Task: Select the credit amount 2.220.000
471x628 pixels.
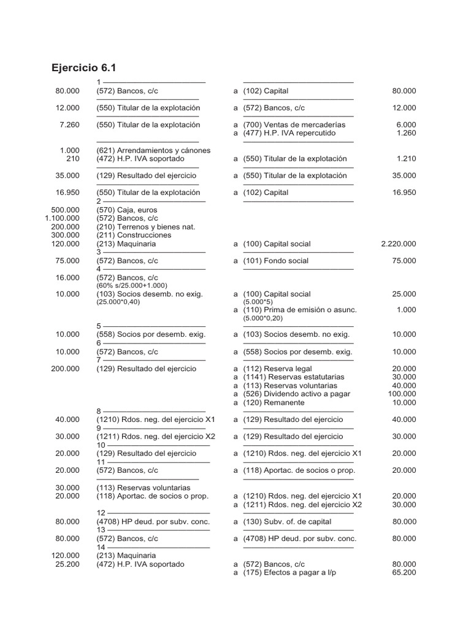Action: pos(398,243)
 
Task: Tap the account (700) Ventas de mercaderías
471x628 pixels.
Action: pos(294,124)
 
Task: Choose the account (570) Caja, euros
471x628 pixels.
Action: pos(126,210)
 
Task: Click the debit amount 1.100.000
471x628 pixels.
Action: pos(63,218)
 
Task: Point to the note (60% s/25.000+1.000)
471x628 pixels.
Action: pos(132,286)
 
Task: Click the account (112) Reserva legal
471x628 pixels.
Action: pos(277,369)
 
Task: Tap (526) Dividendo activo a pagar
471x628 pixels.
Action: pos(296,394)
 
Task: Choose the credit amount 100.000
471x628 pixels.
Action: pos(402,394)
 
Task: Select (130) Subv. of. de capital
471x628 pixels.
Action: pos(287,522)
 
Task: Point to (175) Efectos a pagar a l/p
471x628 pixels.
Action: pos(290,573)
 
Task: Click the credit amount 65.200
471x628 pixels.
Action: pos(404,573)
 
